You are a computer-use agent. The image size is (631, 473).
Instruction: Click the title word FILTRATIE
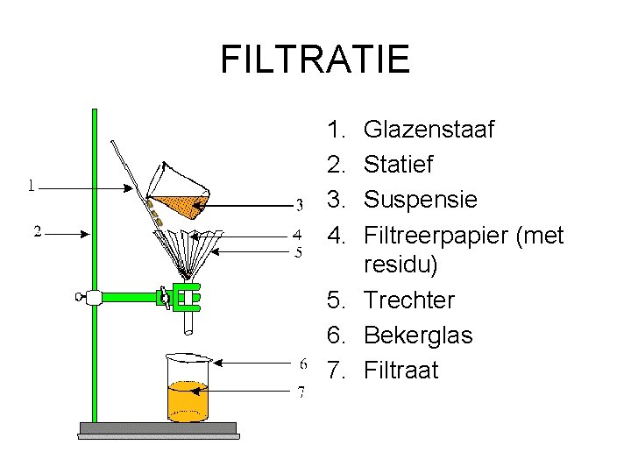[315, 60]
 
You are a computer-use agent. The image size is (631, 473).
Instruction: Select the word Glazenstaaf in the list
[429, 131]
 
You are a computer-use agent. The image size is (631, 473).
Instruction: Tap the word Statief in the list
[398, 165]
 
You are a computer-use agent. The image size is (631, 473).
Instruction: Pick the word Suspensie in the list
[420, 200]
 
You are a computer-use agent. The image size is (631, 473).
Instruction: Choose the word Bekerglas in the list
[417, 335]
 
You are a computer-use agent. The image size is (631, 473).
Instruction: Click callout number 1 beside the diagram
[32, 185]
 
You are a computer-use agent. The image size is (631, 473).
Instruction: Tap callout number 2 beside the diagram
[39, 231]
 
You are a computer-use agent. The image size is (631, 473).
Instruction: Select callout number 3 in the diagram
[299, 207]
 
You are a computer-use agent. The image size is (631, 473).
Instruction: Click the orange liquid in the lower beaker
[188, 401]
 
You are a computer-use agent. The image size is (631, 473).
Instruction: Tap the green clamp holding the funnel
[186, 297]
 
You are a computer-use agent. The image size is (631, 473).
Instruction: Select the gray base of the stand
[158, 429]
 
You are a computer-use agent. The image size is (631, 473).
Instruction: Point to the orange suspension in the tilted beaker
[176, 202]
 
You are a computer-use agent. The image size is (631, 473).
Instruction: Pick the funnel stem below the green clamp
[188, 322]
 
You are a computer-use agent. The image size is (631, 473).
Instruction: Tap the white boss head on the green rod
[93, 297]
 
